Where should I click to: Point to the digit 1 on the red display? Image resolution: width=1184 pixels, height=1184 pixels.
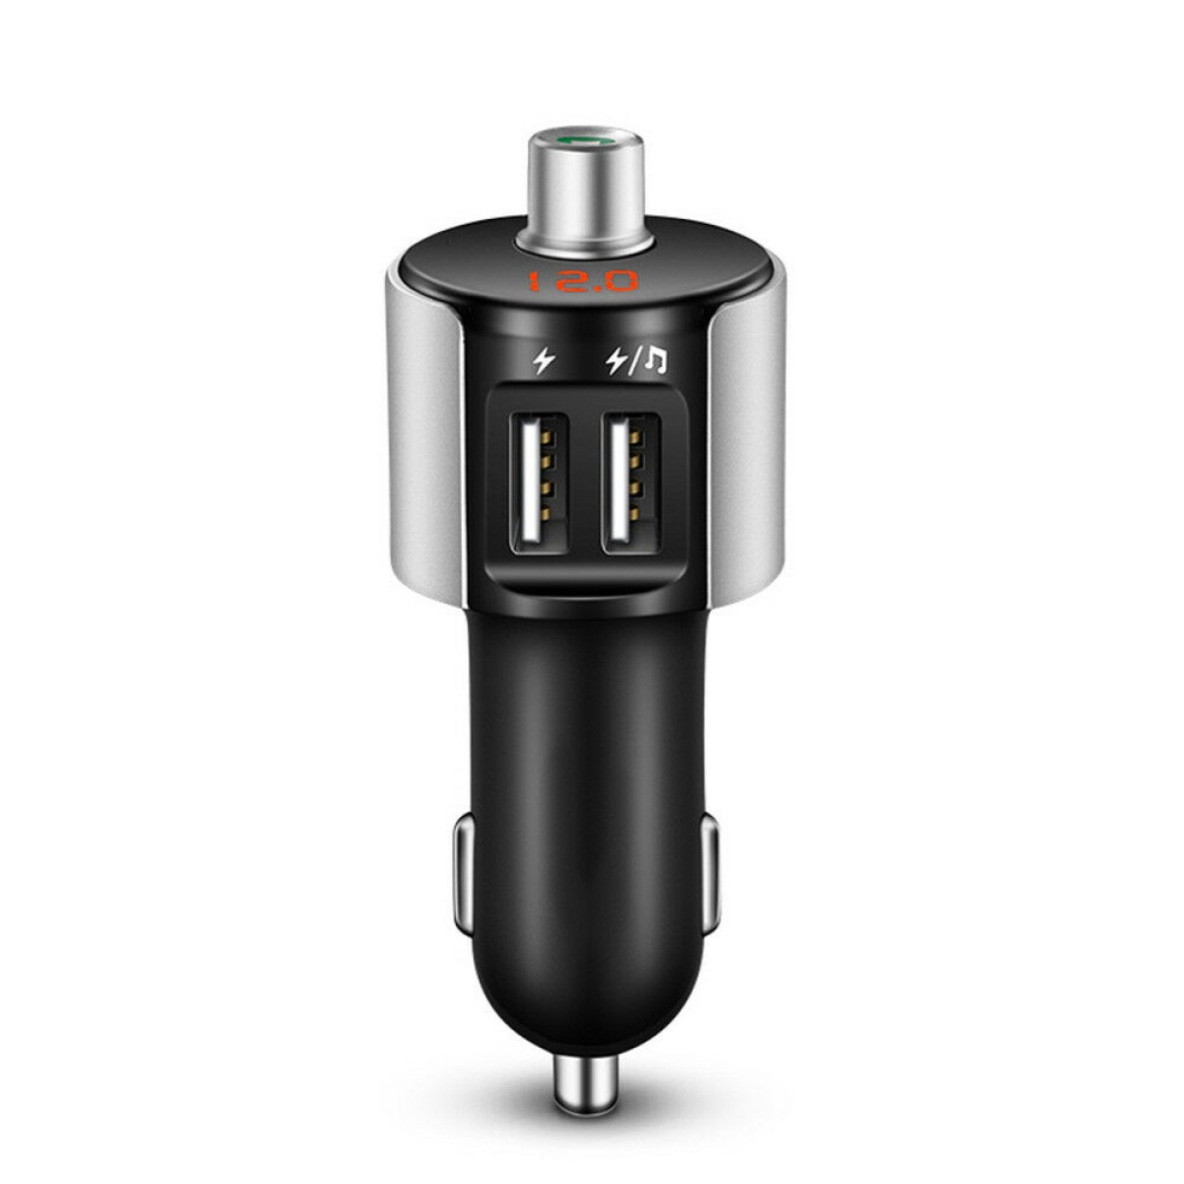tap(534, 282)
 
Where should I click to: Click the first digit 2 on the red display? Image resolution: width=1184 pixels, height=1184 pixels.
tap(567, 282)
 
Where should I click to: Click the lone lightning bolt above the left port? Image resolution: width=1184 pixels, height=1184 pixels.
tap(543, 361)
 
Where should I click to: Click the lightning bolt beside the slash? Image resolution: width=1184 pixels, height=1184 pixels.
tap(616, 361)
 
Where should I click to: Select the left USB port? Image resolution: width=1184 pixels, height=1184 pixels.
tap(539, 482)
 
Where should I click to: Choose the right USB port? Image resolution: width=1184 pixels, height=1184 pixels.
tap(631, 482)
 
